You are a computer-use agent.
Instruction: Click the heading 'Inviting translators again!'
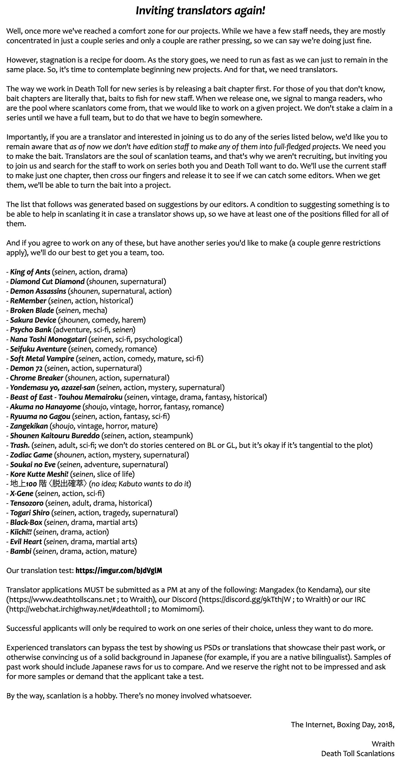[x=200, y=11]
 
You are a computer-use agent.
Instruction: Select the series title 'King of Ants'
[x=30, y=272]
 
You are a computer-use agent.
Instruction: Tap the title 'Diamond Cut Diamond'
[x=47, y=282]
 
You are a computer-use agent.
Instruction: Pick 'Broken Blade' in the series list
[x=32, y=310]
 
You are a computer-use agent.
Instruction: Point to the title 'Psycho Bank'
[x=31, y=330]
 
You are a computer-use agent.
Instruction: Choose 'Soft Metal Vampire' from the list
[x=42, y=359]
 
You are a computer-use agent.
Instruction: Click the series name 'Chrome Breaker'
[x=36, y=378]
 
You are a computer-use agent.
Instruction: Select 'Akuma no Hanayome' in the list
[x=45, y=407]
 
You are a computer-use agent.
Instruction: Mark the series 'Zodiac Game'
[x=31, y=455]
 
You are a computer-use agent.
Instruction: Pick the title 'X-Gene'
[x=22, y=493]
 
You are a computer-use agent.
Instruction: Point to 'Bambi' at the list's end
[x=21, y=551]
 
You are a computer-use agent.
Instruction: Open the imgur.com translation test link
[x=119, y=571]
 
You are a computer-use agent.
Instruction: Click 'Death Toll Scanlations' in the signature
[x=358, y=754]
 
